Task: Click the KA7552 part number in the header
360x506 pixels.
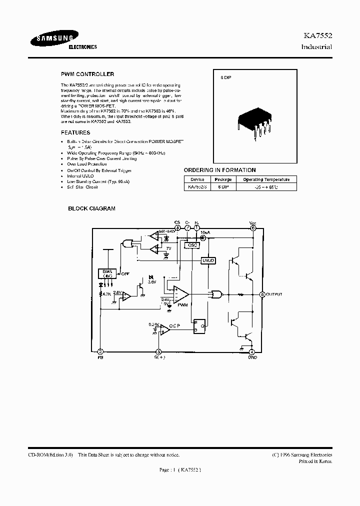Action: point(318,36)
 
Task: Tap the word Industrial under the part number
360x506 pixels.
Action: point(317,47)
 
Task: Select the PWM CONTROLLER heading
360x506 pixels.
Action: point(87,74)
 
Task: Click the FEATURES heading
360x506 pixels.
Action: point(75,132)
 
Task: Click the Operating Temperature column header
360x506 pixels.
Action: point(266,179)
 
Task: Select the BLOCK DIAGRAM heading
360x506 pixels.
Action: point(91,208)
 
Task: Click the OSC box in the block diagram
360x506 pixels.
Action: point(191,245)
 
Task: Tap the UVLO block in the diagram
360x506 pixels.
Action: point(207,260)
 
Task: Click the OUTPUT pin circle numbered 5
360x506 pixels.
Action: point(262,294)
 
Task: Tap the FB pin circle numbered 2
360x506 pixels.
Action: point(100,351)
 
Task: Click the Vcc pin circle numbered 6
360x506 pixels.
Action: point(253,228)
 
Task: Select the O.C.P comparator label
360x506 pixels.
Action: point(174,326)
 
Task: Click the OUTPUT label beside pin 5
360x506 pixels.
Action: point(274,294)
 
